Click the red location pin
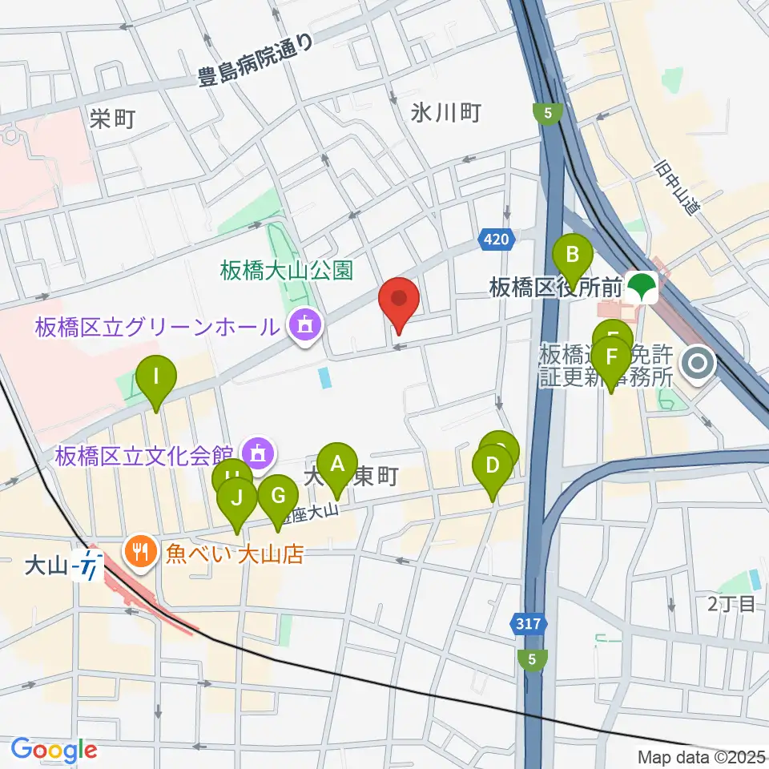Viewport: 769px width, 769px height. pos(399,301)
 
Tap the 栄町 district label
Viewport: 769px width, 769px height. pos(112,119)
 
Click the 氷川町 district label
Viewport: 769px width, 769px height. pos(445,113)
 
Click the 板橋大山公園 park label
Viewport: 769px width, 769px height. pos(287,270)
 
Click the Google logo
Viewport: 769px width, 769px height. pos(54,750)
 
